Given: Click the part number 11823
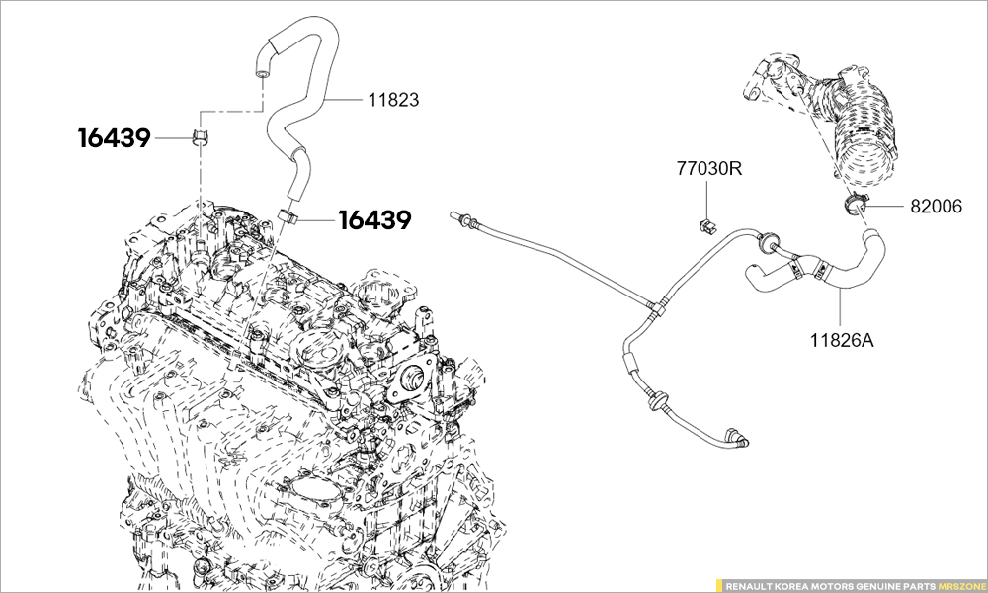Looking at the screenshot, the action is [x=394, y=100].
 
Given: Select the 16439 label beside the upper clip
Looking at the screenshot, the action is [x=114, y=138].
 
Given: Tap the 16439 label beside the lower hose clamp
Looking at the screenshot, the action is [x=375, y=220].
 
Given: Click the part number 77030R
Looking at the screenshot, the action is [x=709, y=169].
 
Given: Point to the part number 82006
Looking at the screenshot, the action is [x=937, y=207].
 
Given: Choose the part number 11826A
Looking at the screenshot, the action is [x=842, y=340].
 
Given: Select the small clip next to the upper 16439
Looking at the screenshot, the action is [x=201, y=135].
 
